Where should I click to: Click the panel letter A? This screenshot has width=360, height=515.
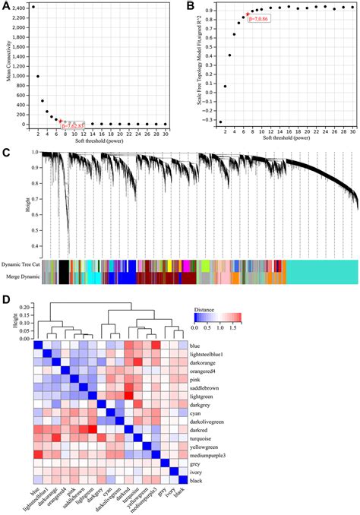point(6,6)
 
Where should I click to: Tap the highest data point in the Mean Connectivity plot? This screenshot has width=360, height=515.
point(33,7)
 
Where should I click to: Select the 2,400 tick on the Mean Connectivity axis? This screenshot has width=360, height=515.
point(17,7)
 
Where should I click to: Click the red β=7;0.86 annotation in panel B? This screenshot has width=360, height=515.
point(260,17)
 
